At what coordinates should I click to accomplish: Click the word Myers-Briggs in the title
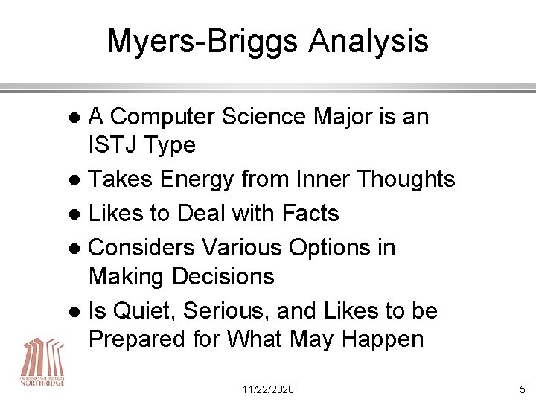pyautogui.click(x=194, y=42)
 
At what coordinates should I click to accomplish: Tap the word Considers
pyautogui.click(x=143, y=248)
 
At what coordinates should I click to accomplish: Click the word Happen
pyautogui.click(x=381, y=340)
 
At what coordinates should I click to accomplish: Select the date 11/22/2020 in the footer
pyautogui.click(x=268, y=389)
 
